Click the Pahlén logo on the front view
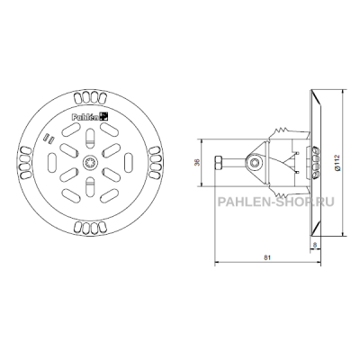click(x=90, y=117)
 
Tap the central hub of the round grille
click(x=90, y=163)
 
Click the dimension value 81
click(x=267, y=257)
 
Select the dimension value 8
click(x=315, y=245)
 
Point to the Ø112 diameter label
click(x=337, y=163)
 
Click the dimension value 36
click(x=196, y=163)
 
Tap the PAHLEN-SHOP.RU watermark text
click(x=275, y=202)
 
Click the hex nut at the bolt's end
click(x=218, y=163)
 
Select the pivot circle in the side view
click(x=255, y=163)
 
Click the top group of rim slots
click(x=90, y=97)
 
